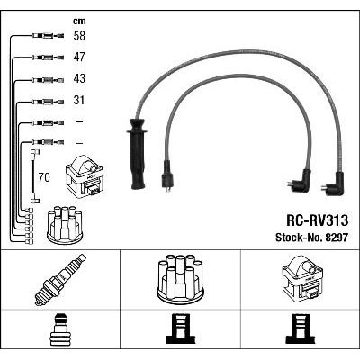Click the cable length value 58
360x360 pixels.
coord(79,36)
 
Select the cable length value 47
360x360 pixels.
coord(79,57)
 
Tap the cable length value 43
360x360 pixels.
coord(79,78)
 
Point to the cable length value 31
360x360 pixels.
coord(79,100)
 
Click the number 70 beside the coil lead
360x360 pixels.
coord(44,177)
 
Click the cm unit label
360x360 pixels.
coord(79,21)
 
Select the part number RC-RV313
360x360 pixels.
coord(318,220)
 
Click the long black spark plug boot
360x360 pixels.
coord(137,154)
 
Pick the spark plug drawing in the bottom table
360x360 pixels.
coord(60,280)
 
